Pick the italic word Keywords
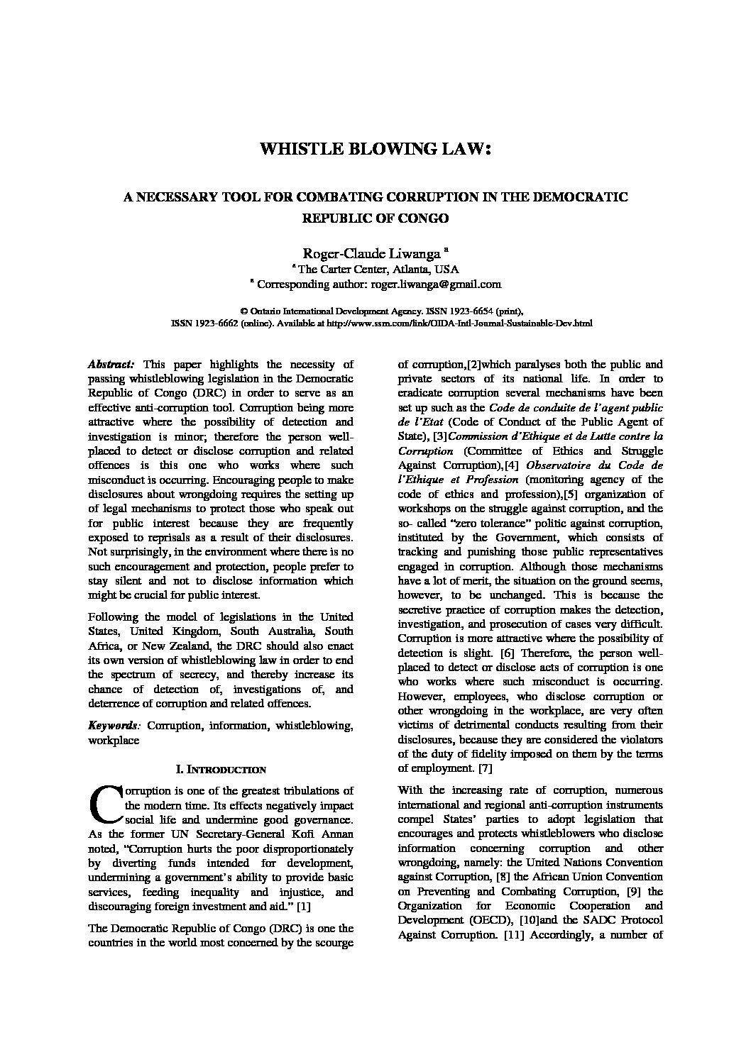coord(112,726)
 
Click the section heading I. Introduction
coord(220,769)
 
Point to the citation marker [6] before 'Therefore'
coord(507,652)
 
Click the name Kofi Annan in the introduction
coord(321,834)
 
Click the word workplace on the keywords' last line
coord(114,741)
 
